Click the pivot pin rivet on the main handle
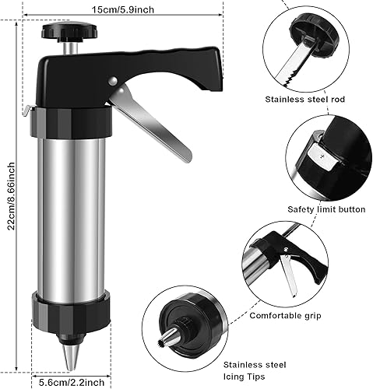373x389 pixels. (x=114, y=79)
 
